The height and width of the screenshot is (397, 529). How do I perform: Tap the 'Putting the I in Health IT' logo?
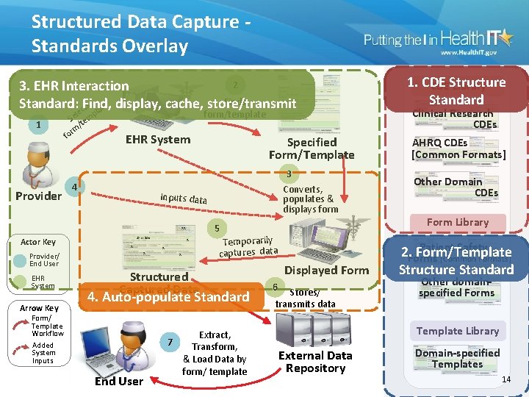point(441,43)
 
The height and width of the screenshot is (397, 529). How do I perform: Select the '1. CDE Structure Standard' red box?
point(456,91)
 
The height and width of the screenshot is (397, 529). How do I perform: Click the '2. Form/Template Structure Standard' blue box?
point(456,261)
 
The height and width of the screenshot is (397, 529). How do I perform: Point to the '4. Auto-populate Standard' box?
point(169,297)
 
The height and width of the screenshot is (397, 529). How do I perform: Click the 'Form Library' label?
point(457,222)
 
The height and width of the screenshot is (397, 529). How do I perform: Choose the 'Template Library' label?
point(457,331)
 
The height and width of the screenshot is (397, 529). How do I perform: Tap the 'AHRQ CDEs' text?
point(439,143)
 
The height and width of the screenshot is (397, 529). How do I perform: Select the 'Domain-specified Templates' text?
point(457,358)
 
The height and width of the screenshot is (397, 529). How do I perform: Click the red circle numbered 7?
point(170,343)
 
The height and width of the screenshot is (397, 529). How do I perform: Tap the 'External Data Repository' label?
point(315,362)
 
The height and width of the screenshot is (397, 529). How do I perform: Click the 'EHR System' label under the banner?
point(158,139)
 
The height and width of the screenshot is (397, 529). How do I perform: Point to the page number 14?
point(505,379)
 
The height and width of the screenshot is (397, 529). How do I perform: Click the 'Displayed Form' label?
point(326,271)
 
